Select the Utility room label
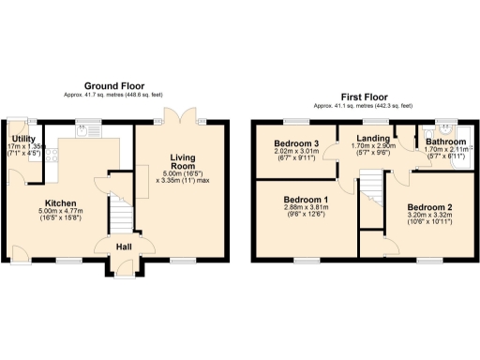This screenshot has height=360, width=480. (24, 137)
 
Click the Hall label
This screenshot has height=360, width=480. (124, 247)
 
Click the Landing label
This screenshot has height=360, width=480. (373, 139)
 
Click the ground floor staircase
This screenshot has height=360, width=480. (119, 216)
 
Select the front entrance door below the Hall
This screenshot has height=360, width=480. (123, 271)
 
